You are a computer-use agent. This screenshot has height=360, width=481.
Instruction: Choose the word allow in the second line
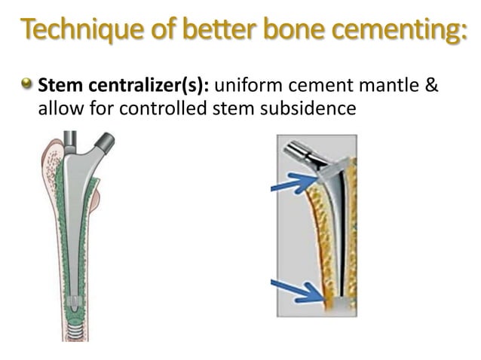point(57,108)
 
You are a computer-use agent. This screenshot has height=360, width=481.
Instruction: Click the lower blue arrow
point(297,291)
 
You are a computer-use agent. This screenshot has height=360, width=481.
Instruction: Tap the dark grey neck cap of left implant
point(103,142)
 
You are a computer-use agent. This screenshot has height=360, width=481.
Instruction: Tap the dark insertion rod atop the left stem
point(70,139)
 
